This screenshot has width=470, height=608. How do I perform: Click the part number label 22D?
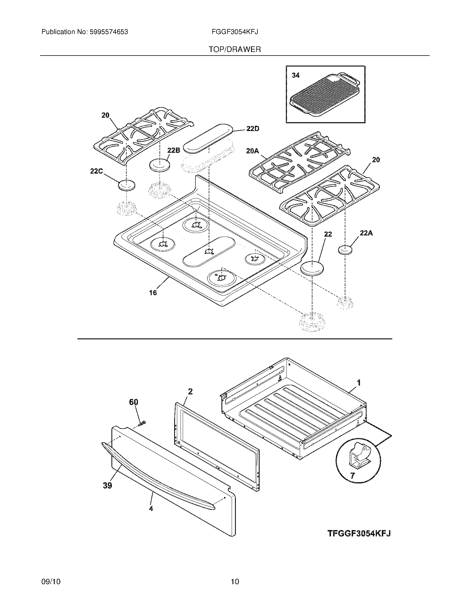click(x=253, y=129)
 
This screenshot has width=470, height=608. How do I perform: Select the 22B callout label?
click(x=173, y=150)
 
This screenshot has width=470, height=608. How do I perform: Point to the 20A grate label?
click(x=252, y=151)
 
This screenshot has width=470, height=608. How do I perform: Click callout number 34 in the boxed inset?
click(x=296, y=75)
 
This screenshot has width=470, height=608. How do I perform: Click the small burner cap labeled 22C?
click(x=126, y=185)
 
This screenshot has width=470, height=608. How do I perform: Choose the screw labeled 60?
click(x=142, y=424)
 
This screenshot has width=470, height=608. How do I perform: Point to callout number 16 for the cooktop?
click(x=153, y=292)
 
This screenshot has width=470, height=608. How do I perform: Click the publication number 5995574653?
click(x=108, y=32)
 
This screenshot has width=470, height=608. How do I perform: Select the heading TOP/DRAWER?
click(x=235, y=49)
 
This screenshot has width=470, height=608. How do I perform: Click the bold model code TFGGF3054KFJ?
click(x=359, y=533)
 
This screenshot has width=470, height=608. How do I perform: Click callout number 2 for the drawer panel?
click(x=190, y=391)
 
